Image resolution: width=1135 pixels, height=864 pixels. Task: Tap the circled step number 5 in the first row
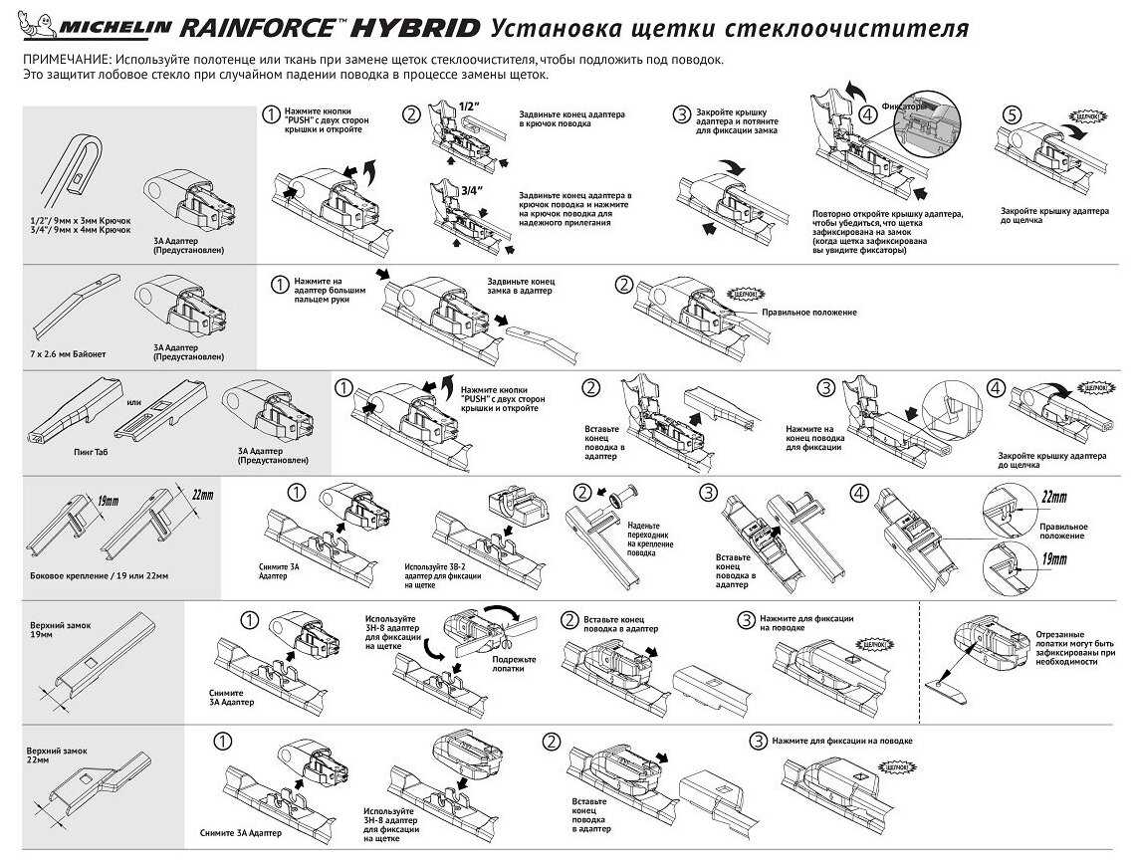[x=1012, y=115]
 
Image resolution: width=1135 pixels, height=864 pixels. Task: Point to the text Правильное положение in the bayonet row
[x=808, y=312]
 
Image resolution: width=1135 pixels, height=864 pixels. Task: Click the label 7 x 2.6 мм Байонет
[x=69, y=354]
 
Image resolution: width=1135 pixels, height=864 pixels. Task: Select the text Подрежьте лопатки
[x=514, y=663]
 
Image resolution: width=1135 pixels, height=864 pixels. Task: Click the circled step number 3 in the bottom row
[x=759, y=741]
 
